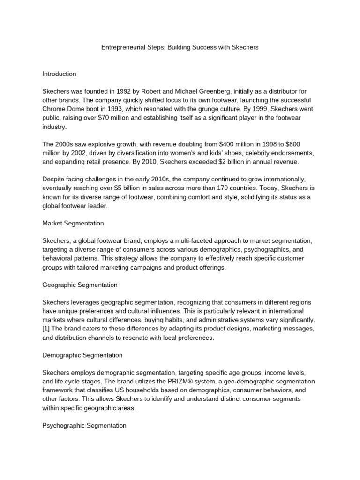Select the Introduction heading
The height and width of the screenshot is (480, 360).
pos(59,74)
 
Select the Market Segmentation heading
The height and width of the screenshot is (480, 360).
pos(73,223)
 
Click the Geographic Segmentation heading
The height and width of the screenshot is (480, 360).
pos(80,285)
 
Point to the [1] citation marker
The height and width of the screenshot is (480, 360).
pos(46,329)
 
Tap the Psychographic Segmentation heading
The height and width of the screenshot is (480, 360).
pos(84,425)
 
